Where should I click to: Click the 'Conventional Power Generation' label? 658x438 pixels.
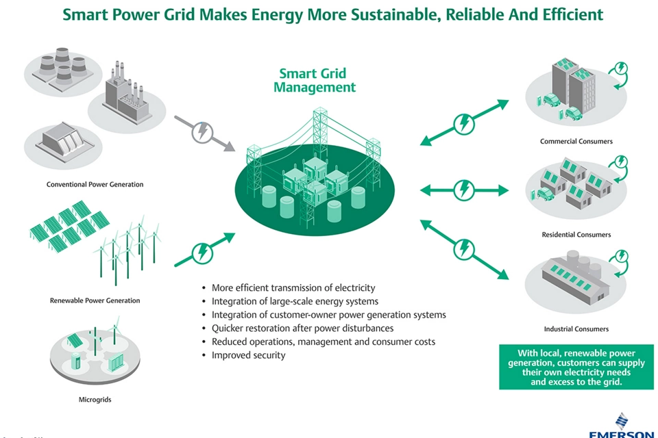(x=95, y=184)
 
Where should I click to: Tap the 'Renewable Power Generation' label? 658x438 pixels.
(x=95, y=300)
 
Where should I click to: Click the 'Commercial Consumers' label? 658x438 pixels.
(x=576, y=142)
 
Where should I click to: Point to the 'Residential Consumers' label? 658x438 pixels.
(x=576, y=235)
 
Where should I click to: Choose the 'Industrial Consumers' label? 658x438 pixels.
(x=576, y=329)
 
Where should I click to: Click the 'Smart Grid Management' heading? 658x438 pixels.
(x=315, y=80)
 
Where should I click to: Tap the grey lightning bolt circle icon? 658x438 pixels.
(x=202, y=132)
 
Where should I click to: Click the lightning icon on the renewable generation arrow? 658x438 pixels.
(x=202, y=253)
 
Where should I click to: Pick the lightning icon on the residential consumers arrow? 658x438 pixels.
(x=465, y=188)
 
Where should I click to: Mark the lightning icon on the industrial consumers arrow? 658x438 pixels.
(x=465, y=249)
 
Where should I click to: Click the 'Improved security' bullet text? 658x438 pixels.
(x=248, y=355)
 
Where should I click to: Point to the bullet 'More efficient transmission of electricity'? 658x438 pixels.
(x=293, y=288)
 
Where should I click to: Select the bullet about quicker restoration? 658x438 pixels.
(x=302, y=328)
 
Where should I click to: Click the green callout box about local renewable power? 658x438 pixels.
(x=576, y=368)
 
